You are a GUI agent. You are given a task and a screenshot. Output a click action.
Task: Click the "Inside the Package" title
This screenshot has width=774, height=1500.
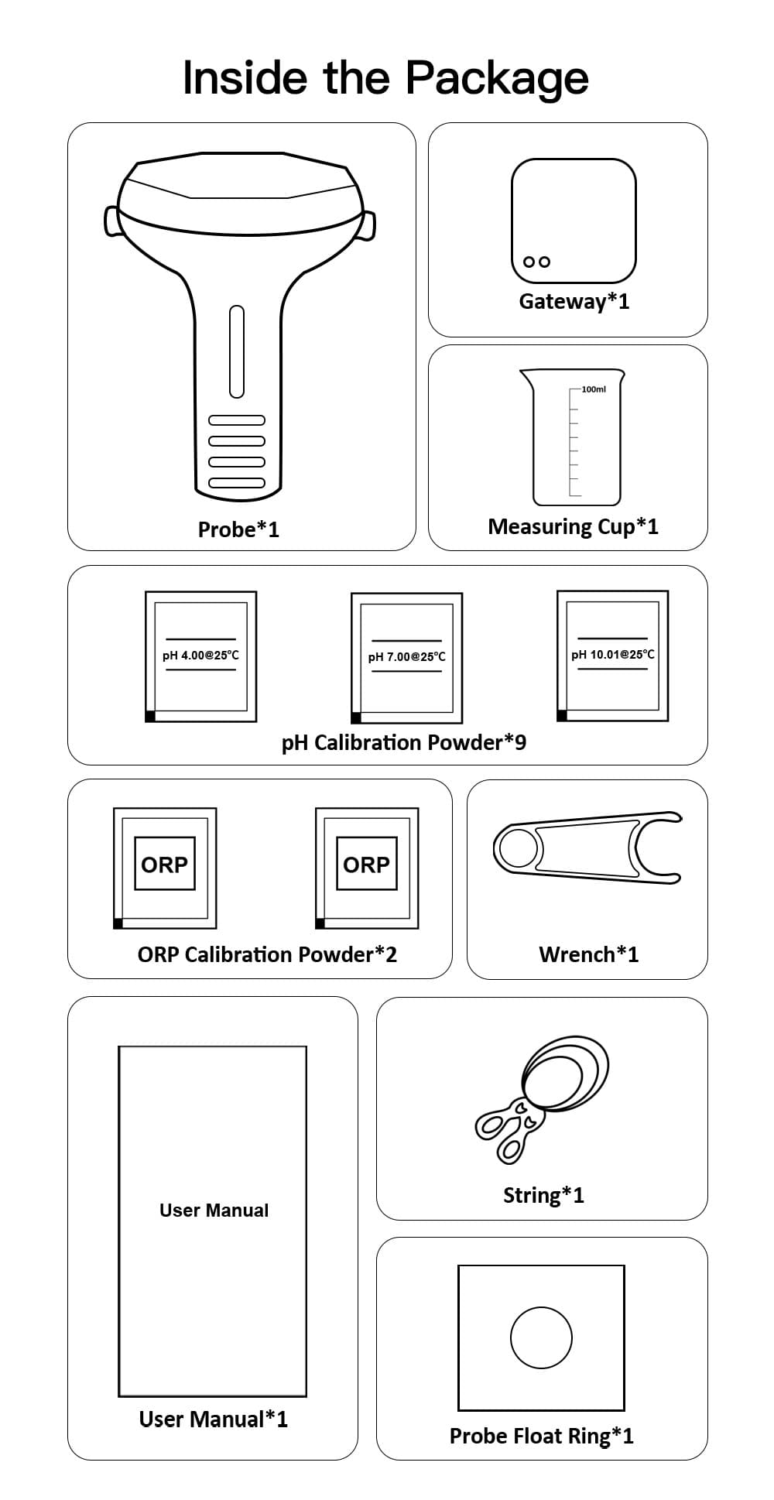click(385, 78)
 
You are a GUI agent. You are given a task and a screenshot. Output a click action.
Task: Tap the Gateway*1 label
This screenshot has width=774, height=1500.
click(574, 301)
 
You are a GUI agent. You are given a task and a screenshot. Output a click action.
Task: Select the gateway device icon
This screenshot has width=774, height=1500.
click(573, 221)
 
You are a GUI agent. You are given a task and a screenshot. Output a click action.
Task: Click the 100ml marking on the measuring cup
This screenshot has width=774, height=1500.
click(594, 389)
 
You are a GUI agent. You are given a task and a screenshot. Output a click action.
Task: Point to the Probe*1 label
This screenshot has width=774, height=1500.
click(238, 529)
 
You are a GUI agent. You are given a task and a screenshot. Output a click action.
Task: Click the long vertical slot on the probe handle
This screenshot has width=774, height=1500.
click(237, 352)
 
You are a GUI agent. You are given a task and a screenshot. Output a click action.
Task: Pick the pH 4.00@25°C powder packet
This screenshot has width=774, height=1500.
click(200, 656)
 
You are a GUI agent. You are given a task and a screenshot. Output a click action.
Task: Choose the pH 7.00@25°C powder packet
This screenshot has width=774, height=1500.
click(406, 658)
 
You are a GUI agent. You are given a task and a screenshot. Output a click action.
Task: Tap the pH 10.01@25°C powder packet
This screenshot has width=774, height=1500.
click(612, 656)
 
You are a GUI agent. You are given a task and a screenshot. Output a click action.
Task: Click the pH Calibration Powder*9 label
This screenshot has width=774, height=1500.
click(403, 743)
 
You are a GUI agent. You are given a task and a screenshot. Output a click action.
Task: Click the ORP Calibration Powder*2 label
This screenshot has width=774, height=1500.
click(267, 954)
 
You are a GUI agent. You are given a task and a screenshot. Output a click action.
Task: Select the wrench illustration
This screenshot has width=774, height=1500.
click(587, 848)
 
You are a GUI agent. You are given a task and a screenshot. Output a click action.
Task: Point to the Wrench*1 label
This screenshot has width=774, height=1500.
click(588, 954)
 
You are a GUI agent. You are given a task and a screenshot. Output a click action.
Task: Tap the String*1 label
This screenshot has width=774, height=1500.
click(543, 1195)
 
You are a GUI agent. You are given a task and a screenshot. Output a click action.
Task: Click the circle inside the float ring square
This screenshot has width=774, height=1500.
click(541, 1337)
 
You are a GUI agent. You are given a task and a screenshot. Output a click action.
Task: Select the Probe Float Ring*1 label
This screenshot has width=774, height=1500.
click(541, 1436)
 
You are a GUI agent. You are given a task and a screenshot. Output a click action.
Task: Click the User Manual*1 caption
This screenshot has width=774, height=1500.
click(213, 1419)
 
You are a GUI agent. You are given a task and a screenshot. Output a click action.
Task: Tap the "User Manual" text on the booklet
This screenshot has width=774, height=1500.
click(214, 1210)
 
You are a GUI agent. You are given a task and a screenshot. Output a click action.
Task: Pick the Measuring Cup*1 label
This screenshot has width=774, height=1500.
click(573, 526)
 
